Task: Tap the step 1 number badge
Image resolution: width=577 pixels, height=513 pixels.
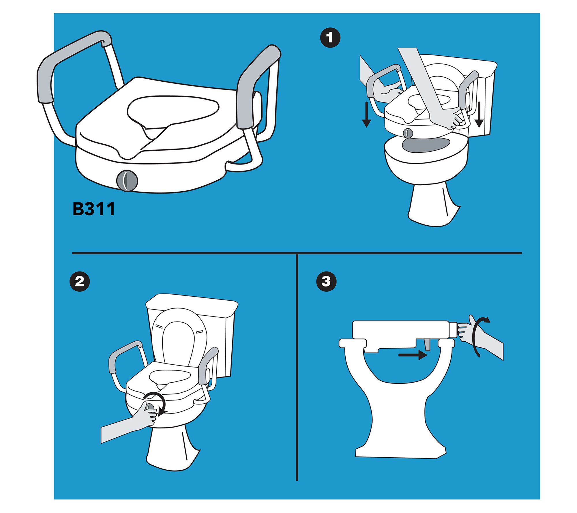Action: pyautogui.click(x=330, y=38)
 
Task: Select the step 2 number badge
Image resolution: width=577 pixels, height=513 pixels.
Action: pyautogui.click(x=80, y=281)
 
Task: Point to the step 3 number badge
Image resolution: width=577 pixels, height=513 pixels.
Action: pyautogui.click(x=326, y=281)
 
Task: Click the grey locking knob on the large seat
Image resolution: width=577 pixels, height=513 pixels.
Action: pyautogui.click(x=127, y=181)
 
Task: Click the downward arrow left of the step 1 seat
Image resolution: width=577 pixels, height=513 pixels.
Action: pyautogui.click(x=366, y=115)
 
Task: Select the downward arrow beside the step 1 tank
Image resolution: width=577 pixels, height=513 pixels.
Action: pyautogui.click(x=479, y=115)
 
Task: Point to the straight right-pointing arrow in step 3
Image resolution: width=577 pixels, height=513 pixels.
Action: pyautogui.click(x=413, y=355)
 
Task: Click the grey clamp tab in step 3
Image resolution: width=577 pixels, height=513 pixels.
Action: pyautogui.click(x=427, y=345)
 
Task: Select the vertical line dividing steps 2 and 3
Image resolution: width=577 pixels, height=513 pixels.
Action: pyautogui.click(x=297, y=367)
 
